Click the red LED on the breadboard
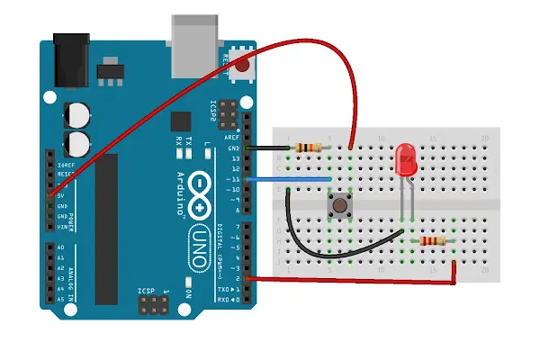406,161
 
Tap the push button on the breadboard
340,207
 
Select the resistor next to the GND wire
309,148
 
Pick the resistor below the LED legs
431,240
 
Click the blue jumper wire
288,179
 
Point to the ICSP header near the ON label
153,309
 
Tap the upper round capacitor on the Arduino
77,115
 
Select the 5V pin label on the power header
60,195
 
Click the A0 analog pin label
60,247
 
